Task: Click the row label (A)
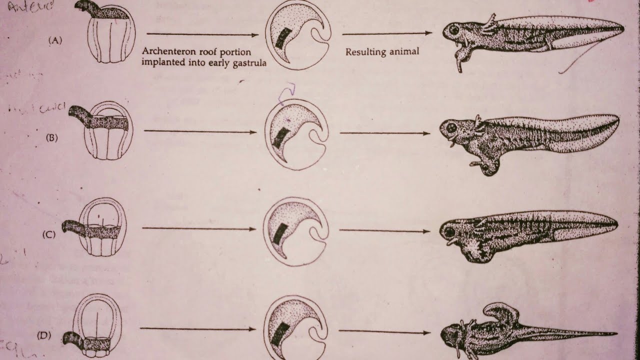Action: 55,41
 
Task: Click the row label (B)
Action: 52,138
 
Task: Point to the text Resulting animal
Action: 382,51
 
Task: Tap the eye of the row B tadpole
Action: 451,127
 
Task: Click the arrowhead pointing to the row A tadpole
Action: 428,33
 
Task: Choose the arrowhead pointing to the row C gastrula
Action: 252,229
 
